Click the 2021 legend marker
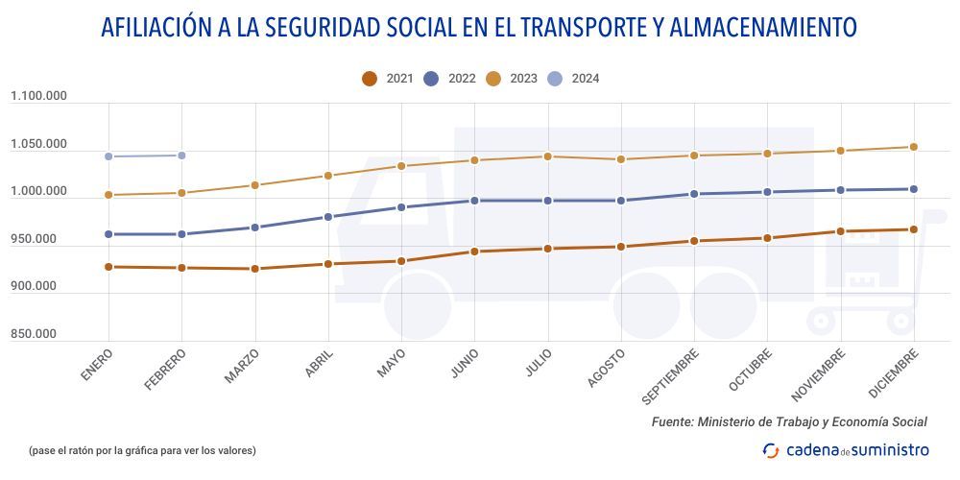coord(370,79)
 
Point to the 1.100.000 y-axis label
coord(39,96)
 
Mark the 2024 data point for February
coord(181,155)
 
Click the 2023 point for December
coord(914,147)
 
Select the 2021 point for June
coord(474,252)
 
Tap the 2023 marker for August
coord(621,159)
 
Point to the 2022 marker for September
coord(694,194)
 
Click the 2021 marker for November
coord(841,231)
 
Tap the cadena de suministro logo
coord(846,449)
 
